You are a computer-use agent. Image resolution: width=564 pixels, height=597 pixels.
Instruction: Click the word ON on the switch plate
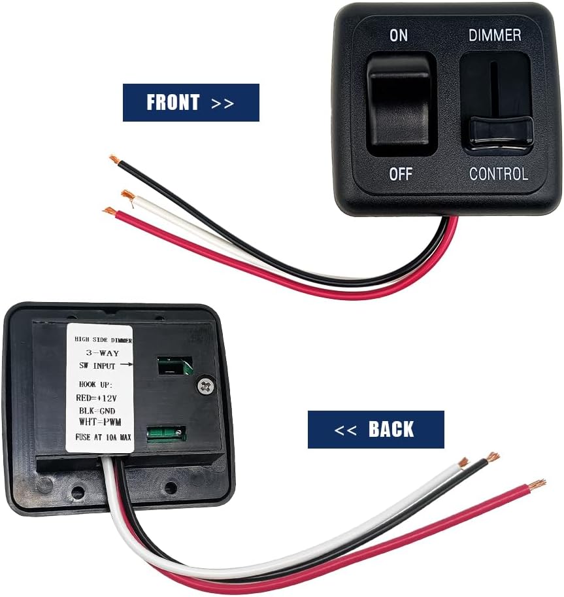(399, 35)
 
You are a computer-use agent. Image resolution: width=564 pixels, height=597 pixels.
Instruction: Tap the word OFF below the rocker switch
(401, 175)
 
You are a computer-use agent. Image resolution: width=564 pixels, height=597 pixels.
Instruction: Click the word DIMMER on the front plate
(495, 35)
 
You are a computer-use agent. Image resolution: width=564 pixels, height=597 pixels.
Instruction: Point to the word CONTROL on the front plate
(499, 174)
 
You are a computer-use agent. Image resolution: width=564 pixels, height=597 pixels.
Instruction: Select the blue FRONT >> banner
(191, 103)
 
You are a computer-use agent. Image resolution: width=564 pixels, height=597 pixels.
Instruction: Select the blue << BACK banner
(376, 430)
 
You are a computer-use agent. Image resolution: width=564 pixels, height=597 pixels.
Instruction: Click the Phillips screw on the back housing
(207, 387)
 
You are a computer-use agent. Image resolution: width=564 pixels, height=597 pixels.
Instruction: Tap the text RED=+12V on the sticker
(96, 398)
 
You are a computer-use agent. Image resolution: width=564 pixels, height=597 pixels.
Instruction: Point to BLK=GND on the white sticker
(97, 411)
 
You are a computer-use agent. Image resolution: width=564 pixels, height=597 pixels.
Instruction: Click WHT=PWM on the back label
(100, 422)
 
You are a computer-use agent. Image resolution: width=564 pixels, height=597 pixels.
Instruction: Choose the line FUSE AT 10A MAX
(103, 437)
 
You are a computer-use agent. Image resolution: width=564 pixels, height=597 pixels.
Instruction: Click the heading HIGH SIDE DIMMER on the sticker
(103, 339)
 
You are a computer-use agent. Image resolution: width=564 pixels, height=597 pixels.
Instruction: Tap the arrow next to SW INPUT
(126, 365)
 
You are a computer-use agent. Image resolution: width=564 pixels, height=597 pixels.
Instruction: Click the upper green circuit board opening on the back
(175, 366)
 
